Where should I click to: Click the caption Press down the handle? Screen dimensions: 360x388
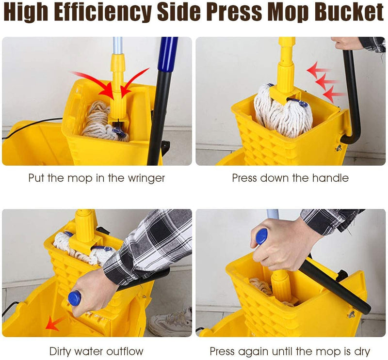(x=290, y=178)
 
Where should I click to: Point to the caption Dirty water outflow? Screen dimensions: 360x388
(x=97, y=351)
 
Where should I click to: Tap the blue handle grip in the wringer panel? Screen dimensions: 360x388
(x=168, y=53)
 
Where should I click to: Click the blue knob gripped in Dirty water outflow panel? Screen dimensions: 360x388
(x=74, y=298)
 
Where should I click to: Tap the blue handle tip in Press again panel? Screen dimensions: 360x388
(x=261, y=236)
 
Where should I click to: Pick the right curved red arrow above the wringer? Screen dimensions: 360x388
(x=134, y=79)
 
